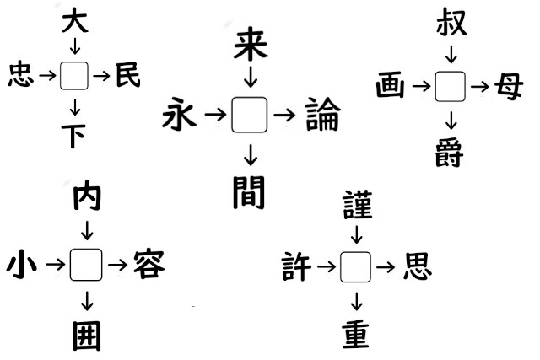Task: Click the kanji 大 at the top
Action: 75,22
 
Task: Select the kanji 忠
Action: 21,74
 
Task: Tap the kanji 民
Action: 128,75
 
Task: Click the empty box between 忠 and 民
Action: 74,76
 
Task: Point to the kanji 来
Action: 251,45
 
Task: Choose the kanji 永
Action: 180,114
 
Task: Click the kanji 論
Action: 323,114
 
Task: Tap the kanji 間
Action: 249,192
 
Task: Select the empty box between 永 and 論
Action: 250,115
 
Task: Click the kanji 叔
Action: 451,23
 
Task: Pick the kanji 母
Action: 509,86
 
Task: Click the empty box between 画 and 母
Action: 451,86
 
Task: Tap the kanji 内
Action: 87,197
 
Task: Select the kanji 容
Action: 149,265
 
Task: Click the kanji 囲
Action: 87,336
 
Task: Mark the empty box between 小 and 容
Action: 86,265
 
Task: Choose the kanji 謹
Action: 358,205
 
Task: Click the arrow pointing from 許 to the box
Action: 327,266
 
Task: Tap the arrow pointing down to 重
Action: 356,302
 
